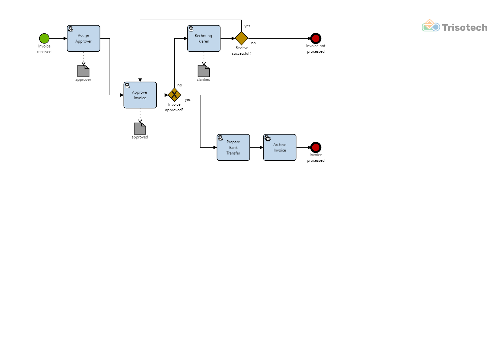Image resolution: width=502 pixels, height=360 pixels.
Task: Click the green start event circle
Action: pos(44,39)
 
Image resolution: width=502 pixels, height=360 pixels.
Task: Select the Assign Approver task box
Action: pos(83,39)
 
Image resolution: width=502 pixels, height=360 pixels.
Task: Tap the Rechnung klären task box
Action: pos(204,39)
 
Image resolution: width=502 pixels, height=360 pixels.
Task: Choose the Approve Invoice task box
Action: pos(140,95)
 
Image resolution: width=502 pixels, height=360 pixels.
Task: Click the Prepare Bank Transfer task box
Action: pos(233,147)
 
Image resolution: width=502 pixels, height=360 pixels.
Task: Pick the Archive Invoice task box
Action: pos(280,147)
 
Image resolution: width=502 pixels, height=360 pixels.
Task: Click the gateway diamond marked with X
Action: pos(174,95)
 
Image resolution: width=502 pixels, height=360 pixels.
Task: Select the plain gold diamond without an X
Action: pos(241,38)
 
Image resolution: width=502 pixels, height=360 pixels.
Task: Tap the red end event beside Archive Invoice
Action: pos(316,147)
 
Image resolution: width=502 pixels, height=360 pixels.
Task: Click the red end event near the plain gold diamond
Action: pos(316,39)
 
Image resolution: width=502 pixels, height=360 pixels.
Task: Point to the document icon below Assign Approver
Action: pos(83,71)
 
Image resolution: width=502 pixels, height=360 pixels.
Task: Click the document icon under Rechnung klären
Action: pos(204,71)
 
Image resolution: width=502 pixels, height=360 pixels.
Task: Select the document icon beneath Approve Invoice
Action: pos(140,129)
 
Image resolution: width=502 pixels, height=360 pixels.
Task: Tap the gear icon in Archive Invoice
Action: pos(268,138)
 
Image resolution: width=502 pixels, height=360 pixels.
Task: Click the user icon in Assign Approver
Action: pos(71,29)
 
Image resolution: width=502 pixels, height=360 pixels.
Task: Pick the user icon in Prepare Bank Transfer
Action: pos(220,138)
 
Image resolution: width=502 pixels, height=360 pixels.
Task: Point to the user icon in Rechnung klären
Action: pos(191,29)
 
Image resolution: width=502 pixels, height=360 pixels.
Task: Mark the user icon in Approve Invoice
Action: pos(127,86)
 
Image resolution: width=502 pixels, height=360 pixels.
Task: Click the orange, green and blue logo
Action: pos(431,26)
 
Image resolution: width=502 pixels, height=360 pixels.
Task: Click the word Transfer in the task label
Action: pos(233,153)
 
